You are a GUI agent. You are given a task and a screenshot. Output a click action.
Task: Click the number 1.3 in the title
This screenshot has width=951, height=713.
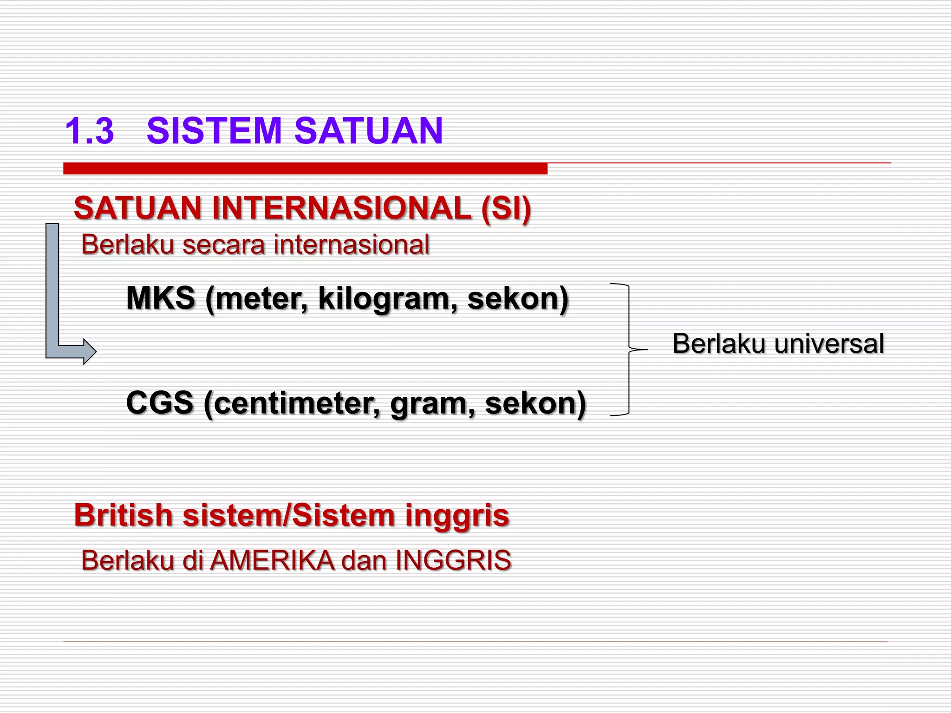click(90, 131)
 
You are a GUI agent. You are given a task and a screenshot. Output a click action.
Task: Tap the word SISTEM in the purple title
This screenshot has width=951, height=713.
click(214, 131)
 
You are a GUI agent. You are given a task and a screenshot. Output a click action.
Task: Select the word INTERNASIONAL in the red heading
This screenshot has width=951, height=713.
click(342, 208)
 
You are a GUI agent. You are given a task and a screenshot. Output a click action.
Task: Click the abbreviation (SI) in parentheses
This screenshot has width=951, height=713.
click(506, 208)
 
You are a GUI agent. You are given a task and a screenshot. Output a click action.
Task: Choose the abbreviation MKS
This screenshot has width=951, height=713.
click(161, 298)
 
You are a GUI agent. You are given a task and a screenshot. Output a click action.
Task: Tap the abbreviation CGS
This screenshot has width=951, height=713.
click(160, 403)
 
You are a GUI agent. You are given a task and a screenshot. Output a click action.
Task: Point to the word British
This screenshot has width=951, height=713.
click(124, 515)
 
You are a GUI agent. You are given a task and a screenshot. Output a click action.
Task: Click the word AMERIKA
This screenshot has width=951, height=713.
click(272, 560)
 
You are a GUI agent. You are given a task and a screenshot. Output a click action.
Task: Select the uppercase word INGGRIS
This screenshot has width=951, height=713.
click(453, 560)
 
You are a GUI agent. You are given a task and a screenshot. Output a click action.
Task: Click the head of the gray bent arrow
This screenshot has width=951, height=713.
click(88, 351)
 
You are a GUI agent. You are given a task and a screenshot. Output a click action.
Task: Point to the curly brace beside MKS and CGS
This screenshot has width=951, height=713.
click(629, 349)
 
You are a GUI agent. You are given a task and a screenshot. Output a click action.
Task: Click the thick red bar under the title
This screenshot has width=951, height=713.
click(305, 169)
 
